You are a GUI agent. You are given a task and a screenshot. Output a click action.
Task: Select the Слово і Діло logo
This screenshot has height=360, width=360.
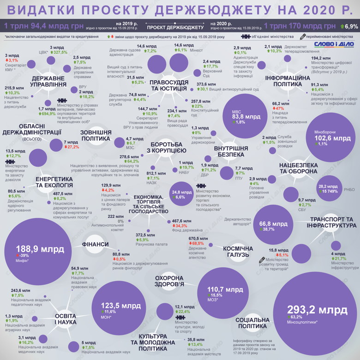point(333,45)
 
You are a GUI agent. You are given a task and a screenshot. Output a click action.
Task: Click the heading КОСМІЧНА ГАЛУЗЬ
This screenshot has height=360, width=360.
point(238,252)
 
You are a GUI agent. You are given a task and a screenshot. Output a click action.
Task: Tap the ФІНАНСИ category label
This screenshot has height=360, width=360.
point(95,244)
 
